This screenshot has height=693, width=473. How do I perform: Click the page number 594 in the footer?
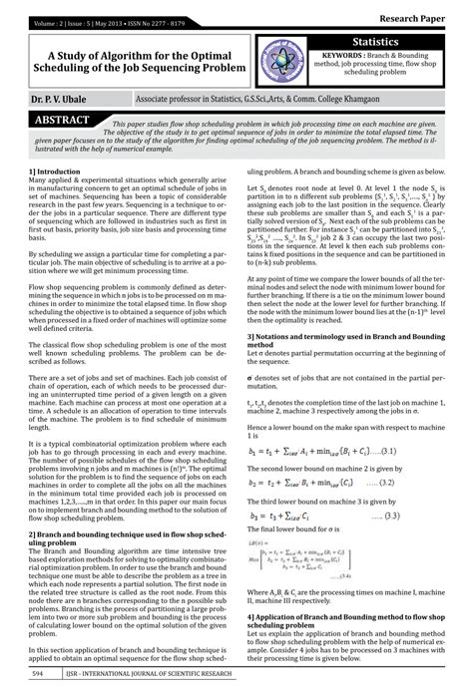click(38, 675)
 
